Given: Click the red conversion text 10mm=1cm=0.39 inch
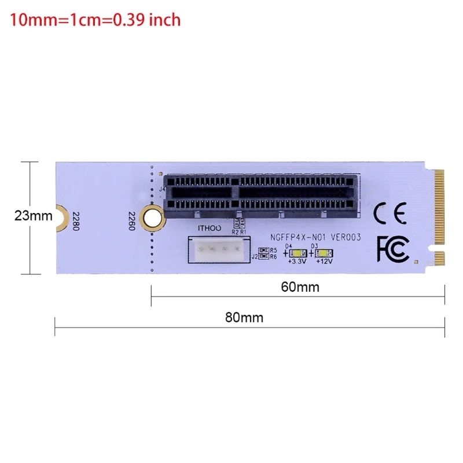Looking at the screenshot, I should [x=95, y=20].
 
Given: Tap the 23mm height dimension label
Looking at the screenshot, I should [x=33, y=216].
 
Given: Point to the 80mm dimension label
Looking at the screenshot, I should [x=244, y=317].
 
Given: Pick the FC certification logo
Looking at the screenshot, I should [x=392, y=248].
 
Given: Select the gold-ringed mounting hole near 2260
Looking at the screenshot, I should [x=152, y=217].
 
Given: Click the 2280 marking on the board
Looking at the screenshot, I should [x=74, y=221].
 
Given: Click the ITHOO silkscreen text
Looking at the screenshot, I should [x=210, y=229].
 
